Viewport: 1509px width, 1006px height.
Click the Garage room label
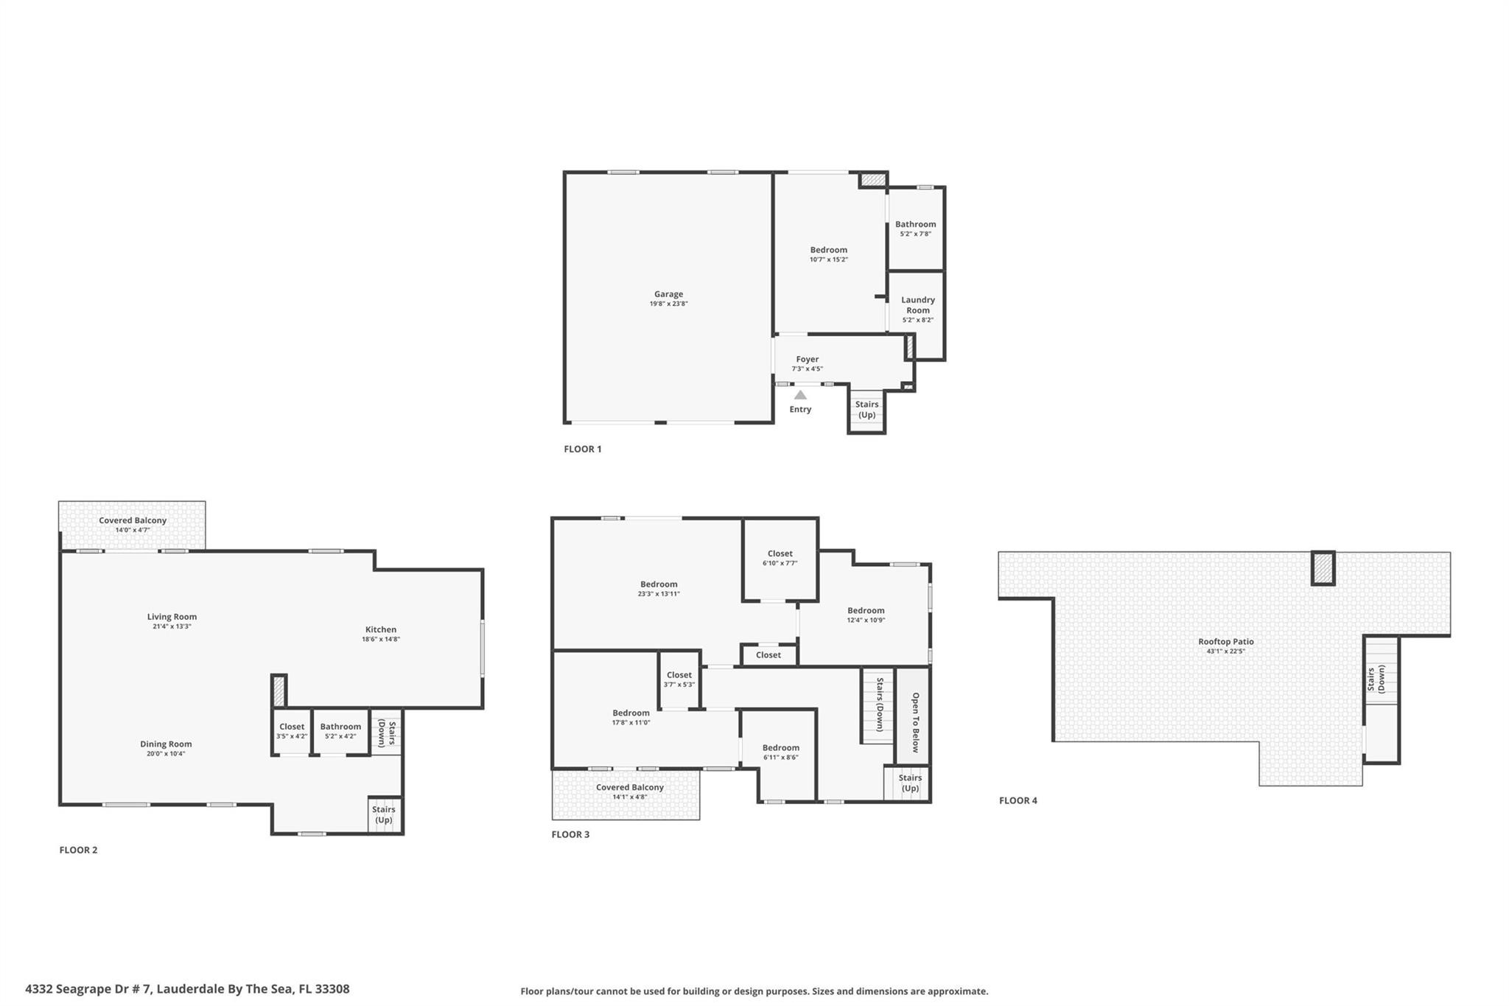coord(668,294)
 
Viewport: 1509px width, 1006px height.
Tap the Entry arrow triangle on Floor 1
coord(800,395)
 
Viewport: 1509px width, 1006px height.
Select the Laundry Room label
coord(917,305)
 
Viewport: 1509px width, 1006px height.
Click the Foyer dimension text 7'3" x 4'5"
coord(807,368)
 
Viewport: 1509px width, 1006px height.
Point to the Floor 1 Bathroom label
coord(915,224)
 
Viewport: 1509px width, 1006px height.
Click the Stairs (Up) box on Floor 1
coord(866,410)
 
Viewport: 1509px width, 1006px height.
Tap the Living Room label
coord(172,617)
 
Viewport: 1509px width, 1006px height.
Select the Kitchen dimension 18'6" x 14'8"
coord(380,640)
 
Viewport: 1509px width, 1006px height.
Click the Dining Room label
coord(166,744)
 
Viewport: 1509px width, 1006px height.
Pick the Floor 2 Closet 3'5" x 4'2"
coord(292,730)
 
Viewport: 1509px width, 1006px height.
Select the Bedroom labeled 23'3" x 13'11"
coord(658,588)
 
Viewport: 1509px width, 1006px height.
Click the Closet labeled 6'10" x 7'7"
coord(780,557)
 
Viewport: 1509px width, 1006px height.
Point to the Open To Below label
coord(915,722)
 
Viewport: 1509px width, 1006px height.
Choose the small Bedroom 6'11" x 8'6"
coord(780,752)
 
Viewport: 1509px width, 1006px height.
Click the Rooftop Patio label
coord(1225,641)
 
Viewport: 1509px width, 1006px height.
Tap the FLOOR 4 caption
coord(1018,800)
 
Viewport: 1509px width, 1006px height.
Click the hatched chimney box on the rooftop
coord(1323,568)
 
